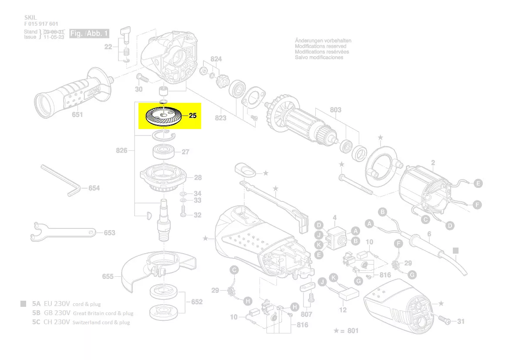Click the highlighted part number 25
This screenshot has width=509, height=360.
tap(193, 116)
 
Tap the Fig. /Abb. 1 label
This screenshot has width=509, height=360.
tap(89, 34)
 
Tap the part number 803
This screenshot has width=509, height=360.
tap(335, 110)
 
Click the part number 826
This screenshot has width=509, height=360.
tap(121, 151)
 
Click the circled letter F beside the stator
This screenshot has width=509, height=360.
tap(478, 204)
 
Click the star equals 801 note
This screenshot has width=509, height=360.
tap(346, 331)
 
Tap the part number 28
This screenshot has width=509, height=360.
tap(198, 178)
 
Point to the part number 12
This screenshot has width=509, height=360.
tap(343, 310)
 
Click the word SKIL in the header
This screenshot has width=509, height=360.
tap(30, 17)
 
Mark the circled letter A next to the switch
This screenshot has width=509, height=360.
tap(355, 231)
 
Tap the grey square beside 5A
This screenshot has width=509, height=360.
tap(23, 304)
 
